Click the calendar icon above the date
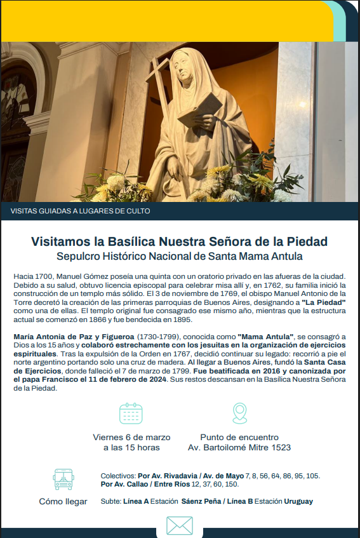[x=131, y=414]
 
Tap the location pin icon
[x=239, y=413]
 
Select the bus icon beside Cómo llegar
[x=63, y=479]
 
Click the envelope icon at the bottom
[x=179, y=526]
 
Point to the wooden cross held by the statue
[x=159, y=95]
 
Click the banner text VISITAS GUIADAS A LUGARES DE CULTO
[x=81, y=211]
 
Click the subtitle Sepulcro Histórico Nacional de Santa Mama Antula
[x=180, y=257]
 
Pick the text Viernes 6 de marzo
[x=131, y=437]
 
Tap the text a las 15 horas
[x=131, y=448]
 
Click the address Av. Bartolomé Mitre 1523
[x=239, y=448]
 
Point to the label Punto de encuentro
[x=239, y=437]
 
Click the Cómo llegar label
[x=63, y=501]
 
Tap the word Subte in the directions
[x=110, y=501]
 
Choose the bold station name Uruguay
[x=298, y=501]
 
